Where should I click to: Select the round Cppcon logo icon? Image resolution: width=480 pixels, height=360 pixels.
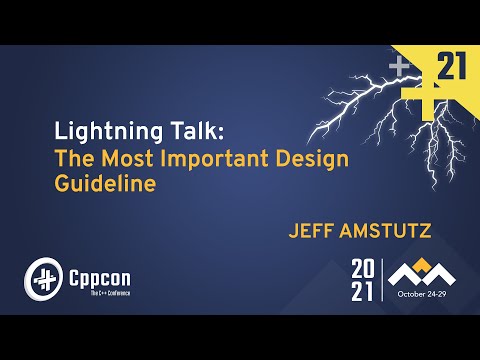point(43,277)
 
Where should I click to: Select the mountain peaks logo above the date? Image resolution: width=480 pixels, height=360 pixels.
point(419,273)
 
